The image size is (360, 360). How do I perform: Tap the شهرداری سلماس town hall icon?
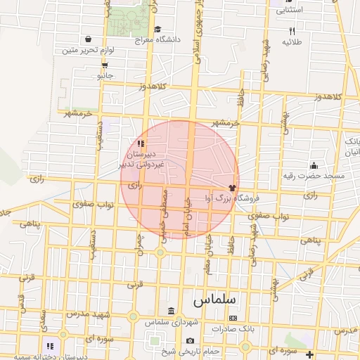click(172, 311)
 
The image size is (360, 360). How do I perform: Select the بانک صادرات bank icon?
click(233, 319)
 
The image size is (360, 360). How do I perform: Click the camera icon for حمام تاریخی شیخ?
click(190, 341)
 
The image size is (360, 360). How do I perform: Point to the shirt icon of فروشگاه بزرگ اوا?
click(232, 188)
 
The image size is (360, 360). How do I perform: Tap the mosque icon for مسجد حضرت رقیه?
click(313, 165)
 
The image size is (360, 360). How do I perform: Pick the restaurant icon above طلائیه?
click(292, 31)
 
